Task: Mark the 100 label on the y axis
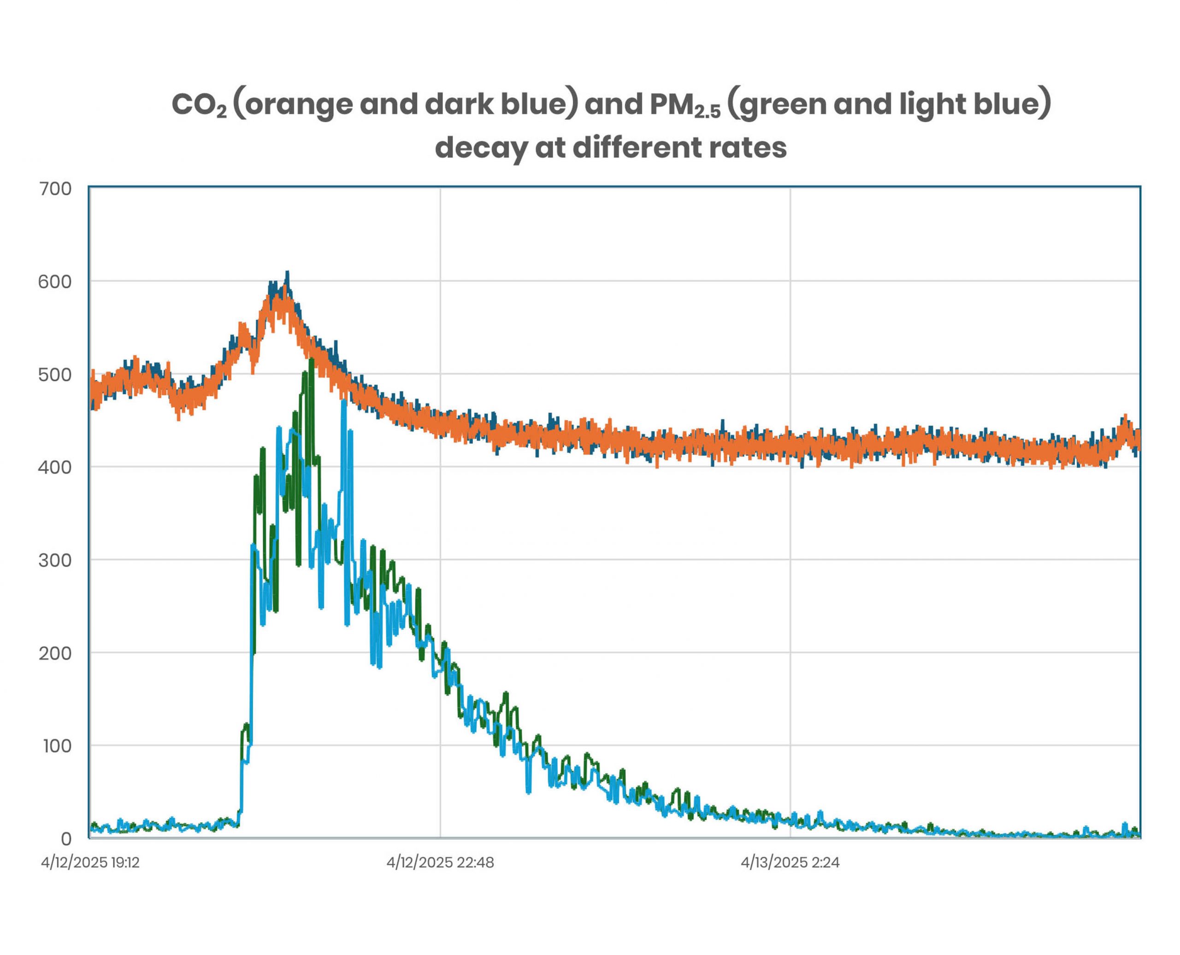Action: coord(57,746)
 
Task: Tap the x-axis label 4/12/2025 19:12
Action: coord(90,862)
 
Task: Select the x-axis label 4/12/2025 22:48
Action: coord(440,862)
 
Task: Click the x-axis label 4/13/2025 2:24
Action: coord(791,862)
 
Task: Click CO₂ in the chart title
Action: coord(199,105)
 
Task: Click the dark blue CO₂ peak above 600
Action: coord(287,272)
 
